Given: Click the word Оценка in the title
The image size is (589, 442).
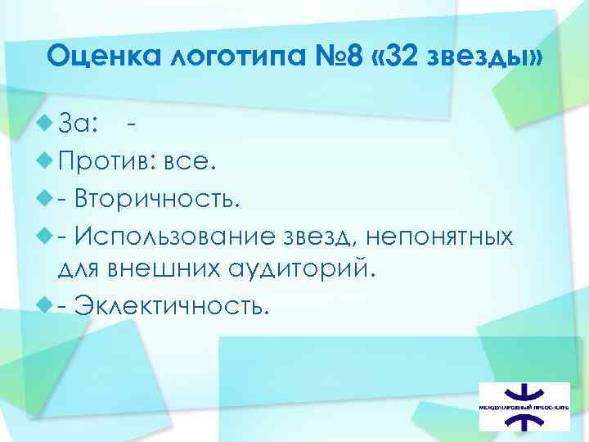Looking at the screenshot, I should (98, 58).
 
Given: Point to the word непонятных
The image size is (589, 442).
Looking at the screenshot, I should (440, 237).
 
